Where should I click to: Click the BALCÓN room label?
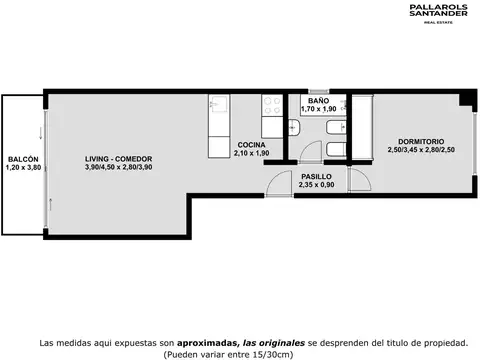tap(23, 159)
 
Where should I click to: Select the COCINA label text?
tap(250, 145)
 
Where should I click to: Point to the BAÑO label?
tap(319, 101)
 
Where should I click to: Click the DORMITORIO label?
tap(413, 141)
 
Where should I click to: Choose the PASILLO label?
tap(290, 176)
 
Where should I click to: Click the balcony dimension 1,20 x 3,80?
tap(23, 167)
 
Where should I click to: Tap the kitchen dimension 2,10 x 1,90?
tap(250, 154)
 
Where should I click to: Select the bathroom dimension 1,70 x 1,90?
tap(319, 109)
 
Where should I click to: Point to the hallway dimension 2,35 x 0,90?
tap(290, 184)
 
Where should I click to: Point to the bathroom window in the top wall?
tap(318, 93)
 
